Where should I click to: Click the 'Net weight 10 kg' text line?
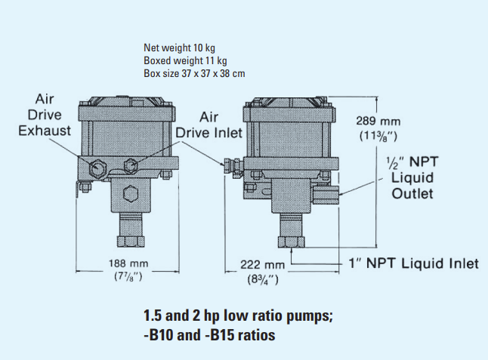point(173,48)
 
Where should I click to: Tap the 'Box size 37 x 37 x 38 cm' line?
point(193,74)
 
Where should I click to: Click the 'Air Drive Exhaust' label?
point(45,115)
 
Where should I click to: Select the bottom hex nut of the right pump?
point(291,242)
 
